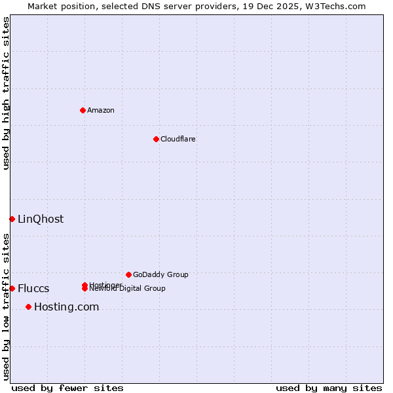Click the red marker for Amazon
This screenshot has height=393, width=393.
pos(83,110)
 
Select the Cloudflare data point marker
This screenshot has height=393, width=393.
pos(156,139)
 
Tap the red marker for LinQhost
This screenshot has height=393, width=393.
pos(12,219)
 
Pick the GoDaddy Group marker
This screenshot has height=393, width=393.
pos(128,274)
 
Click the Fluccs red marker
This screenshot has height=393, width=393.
pos(12,288)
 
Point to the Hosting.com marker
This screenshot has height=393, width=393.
pos(28,307)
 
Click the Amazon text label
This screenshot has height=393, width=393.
pos(100,110)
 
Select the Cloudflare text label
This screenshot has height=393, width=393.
pos(178,139)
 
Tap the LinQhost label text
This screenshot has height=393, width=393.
pos(41,219)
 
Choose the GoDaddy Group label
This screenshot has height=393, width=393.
pos(160,274)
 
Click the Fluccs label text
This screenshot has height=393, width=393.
pos(33,289)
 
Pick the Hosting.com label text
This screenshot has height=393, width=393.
pos(66,307)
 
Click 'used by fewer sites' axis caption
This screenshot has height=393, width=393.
pos(67,388)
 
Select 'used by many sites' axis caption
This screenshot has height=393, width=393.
pos(329,388)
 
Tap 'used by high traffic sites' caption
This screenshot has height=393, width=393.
pos(7,93)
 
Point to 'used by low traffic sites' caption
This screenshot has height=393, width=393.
pos(7,306)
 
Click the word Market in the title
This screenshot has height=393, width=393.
pos(41,6)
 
